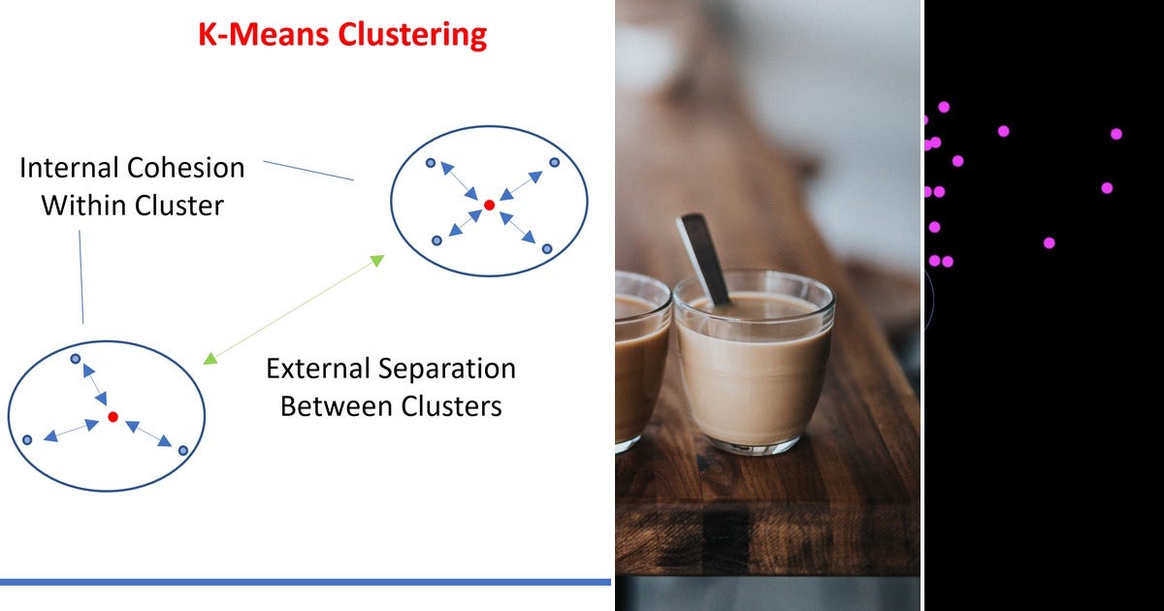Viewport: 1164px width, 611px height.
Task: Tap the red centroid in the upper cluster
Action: pos(490,206)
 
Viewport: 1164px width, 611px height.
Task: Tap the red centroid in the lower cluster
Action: pos(113,416)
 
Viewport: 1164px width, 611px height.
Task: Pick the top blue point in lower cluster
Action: pos(75,359)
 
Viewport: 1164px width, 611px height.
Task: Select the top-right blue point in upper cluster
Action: pos(555,163)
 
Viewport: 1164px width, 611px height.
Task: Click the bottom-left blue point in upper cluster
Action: pos(436,240)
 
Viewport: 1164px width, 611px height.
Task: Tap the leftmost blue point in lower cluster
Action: pos(27,440)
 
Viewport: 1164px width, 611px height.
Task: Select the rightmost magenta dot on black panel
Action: pos(1116,134)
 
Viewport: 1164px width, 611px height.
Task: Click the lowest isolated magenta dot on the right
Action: pos(1049,242)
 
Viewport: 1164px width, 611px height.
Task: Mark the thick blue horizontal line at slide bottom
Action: pos(306,582)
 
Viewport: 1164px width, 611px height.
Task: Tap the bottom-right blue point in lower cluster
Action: pos(181,451)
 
